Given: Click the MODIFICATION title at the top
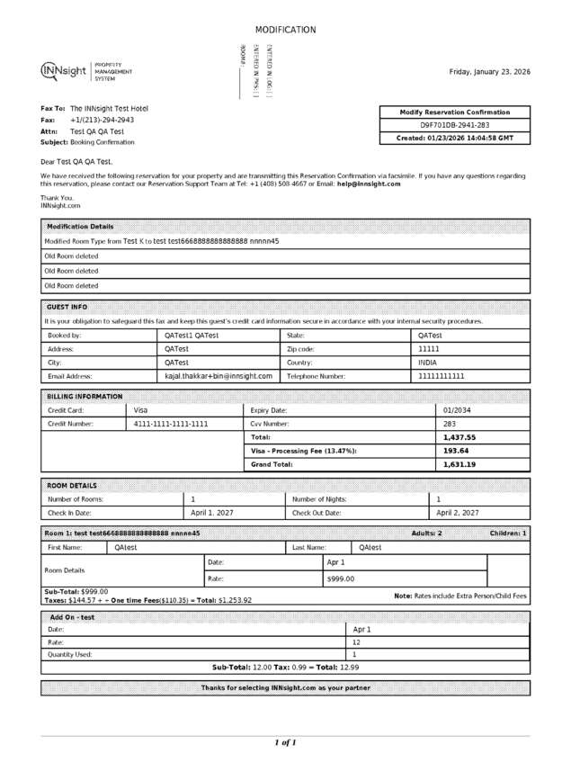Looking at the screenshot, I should click(285, 30).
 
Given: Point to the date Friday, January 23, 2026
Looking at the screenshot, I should click(489, 72).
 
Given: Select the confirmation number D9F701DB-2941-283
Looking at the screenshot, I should click(455, 125).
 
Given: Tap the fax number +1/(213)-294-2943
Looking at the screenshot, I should click(102, 120).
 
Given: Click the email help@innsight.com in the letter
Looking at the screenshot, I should click(369, 184).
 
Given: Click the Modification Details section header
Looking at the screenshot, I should click(80, 227).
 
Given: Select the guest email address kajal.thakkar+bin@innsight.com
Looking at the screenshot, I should click(219, 376).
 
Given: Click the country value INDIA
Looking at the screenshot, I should click(428, 362).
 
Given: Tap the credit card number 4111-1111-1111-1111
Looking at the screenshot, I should click(171, 424).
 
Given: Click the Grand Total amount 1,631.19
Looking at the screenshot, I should click(459, 464).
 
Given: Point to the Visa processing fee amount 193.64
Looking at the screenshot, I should click(457, 451).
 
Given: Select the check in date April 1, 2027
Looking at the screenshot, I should click(212, 512).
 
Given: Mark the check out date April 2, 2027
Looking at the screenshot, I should click(458, 512).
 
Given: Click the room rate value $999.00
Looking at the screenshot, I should click(341, 578).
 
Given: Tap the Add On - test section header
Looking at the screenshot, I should click(72, 617).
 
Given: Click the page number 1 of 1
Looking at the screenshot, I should click(284, 742).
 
